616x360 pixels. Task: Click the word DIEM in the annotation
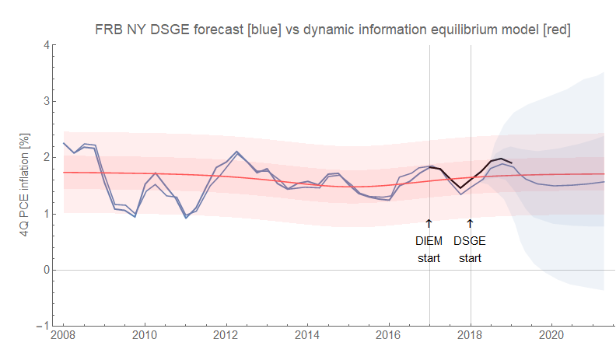pos(429,241)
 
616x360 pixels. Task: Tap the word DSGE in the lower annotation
pos(470,241)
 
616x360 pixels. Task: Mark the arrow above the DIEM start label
pos(429,223)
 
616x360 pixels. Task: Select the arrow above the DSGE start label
pos(470,223)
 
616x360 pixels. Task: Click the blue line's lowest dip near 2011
pos(186,217)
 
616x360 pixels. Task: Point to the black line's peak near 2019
pos(502,159)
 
